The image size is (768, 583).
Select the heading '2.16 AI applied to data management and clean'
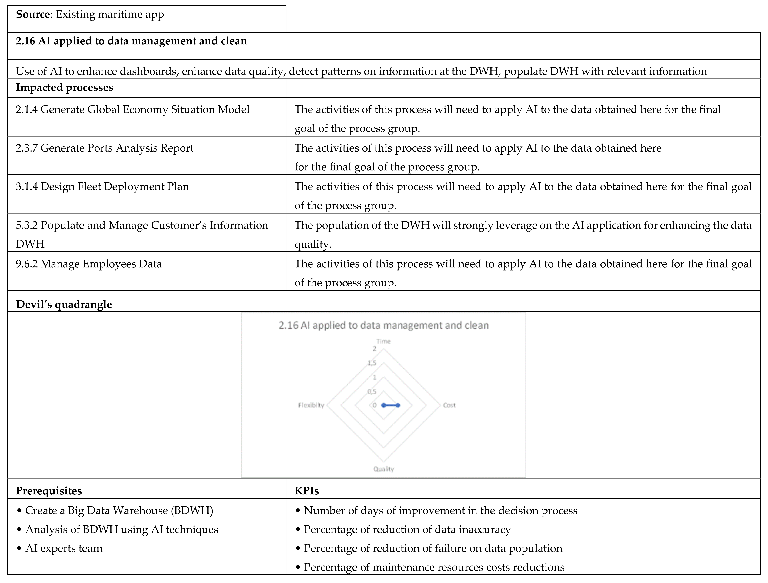click(x=131, y=41)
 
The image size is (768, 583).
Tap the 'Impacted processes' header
click(x=65, y=88)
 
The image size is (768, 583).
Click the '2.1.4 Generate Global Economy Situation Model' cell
click(x=132, y=110)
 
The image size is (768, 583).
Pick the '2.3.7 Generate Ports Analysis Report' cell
click(x=105, y=148)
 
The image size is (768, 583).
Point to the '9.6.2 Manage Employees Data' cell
click(x=88, y=264)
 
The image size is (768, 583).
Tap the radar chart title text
click(x=383, y=325)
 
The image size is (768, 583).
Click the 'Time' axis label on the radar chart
click(x=383, y=341)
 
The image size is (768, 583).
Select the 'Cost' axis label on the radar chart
click(x=449, y=405)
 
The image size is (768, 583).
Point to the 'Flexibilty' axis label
click(x=311, y=405)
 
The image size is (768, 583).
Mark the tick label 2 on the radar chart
click(x=374, y=349)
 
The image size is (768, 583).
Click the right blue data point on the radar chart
click(x=398, y=405)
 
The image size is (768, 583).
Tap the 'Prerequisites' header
click(x=49, y=491)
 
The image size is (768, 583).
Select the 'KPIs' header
click(x=307, y=491)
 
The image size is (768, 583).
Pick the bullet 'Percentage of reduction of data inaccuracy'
click(x=407, y=530)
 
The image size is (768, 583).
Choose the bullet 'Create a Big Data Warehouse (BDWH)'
click(x=119, y=511)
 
